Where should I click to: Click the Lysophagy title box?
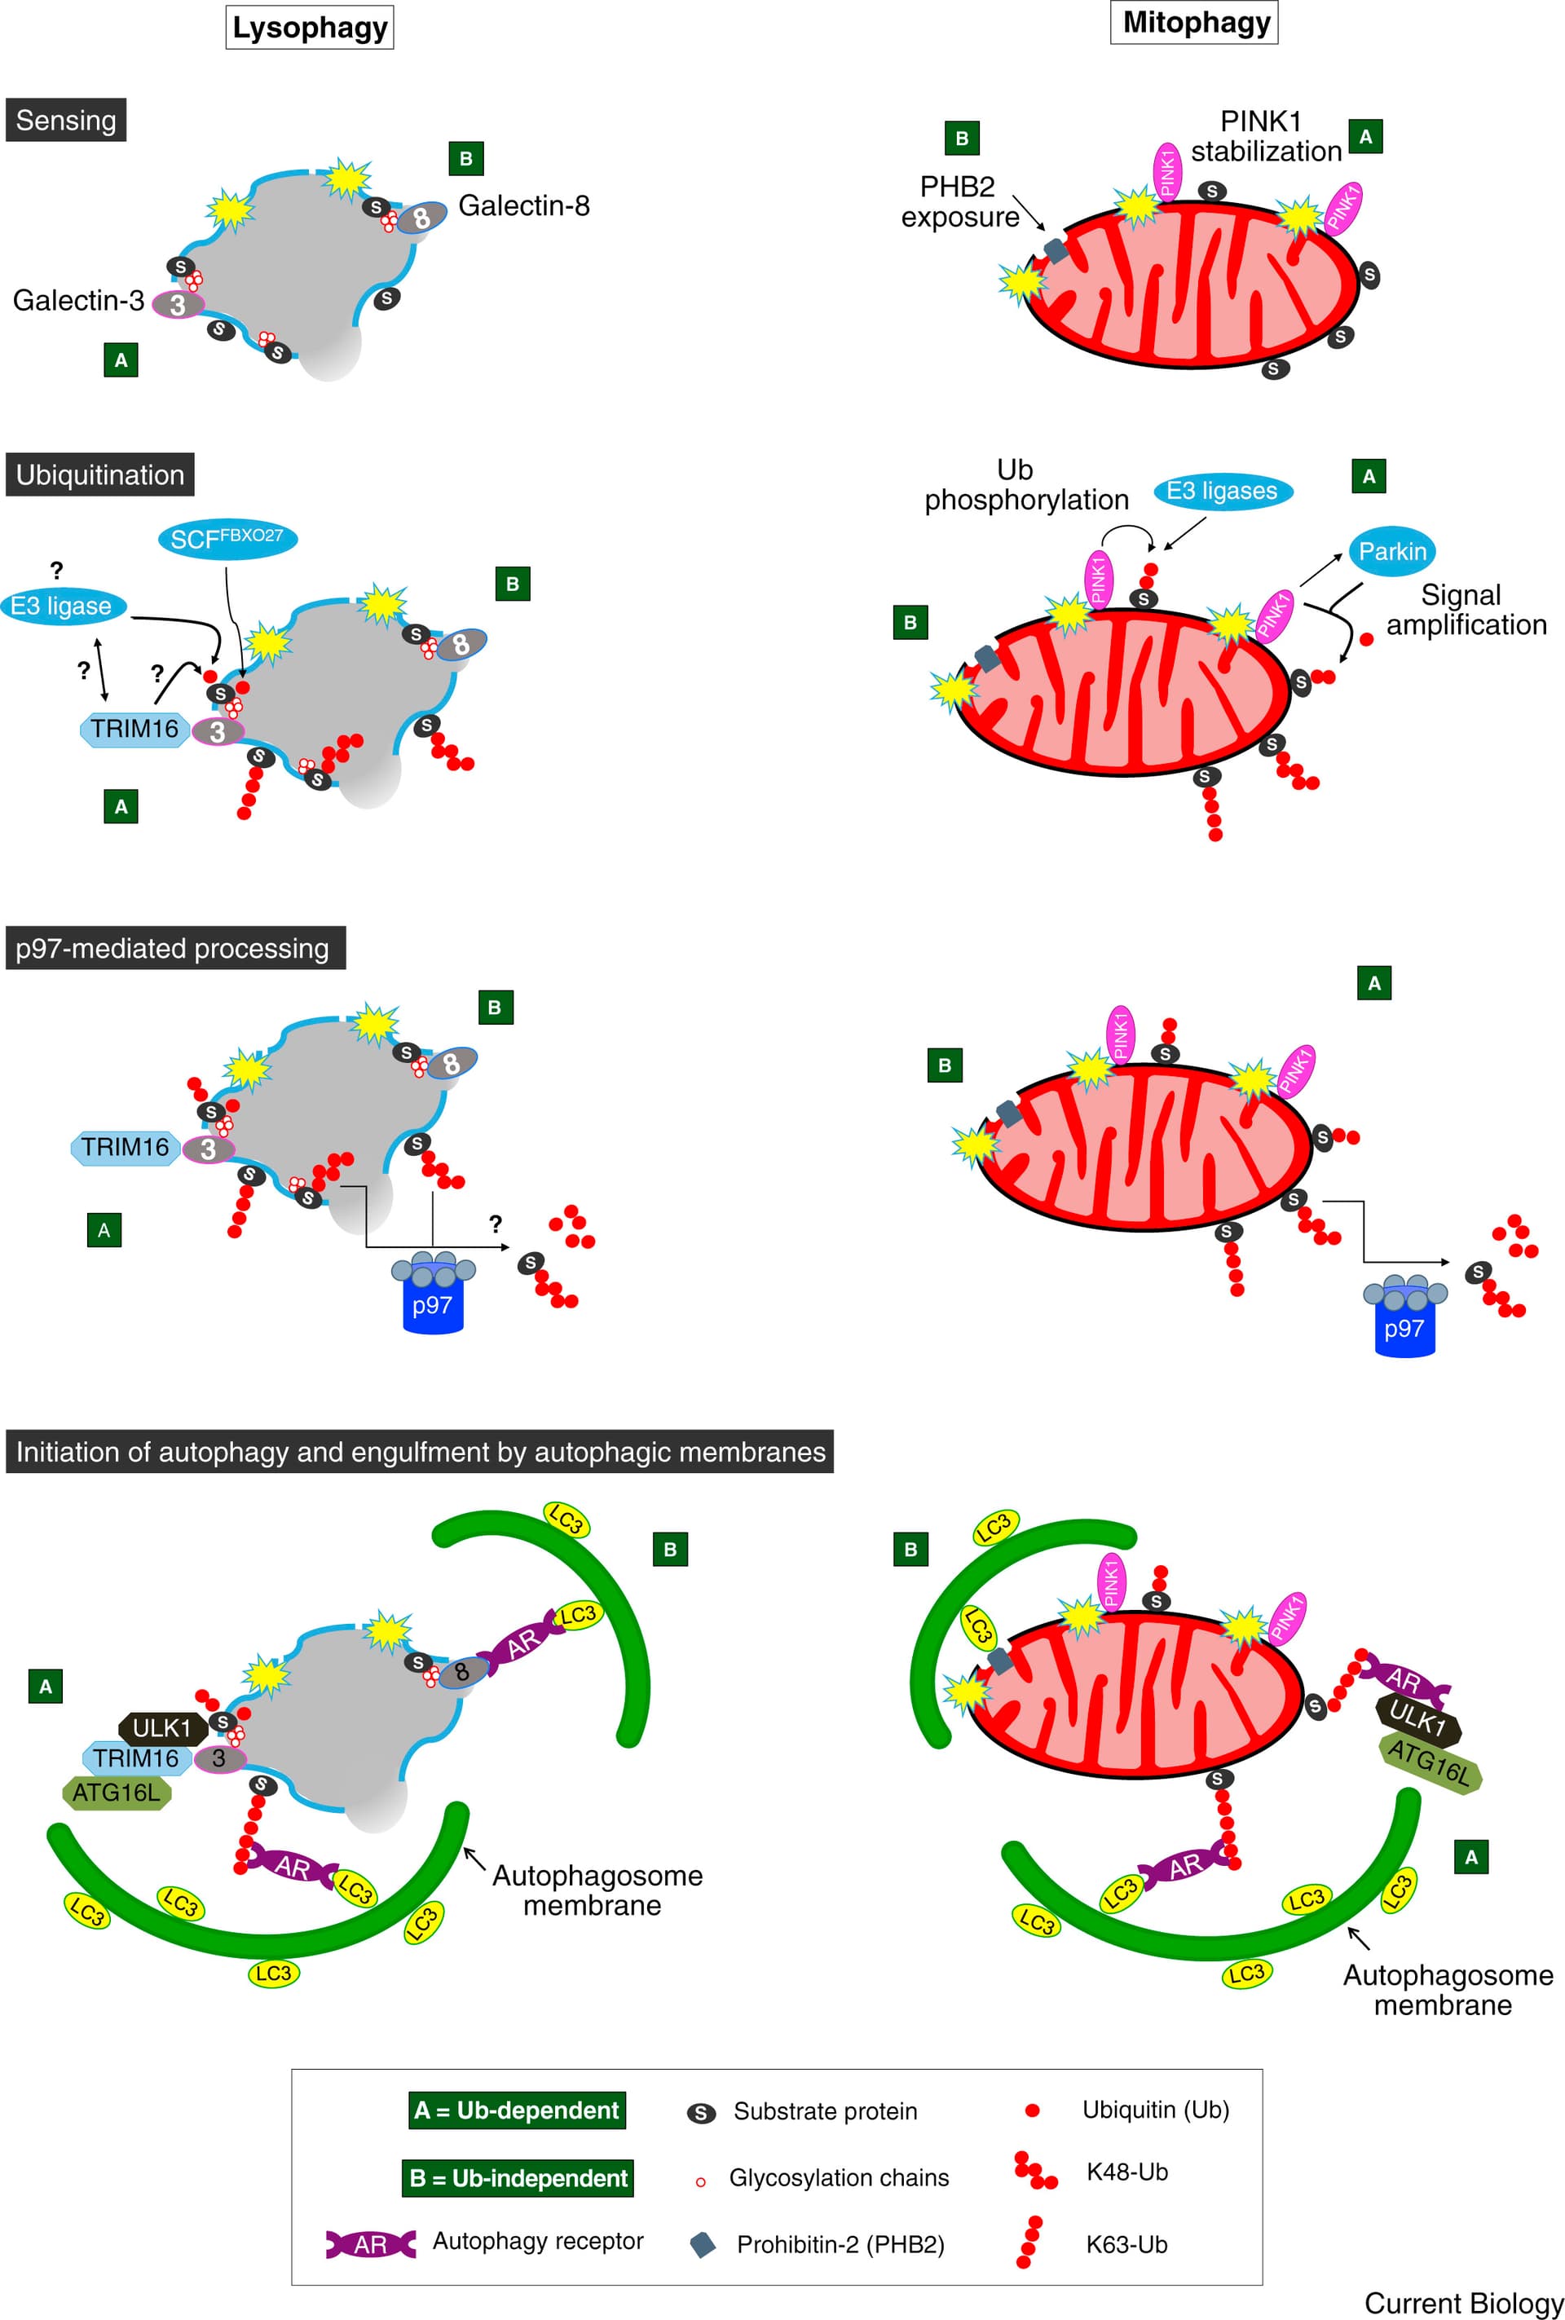coord(310,28)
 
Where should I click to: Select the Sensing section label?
coord(66,120)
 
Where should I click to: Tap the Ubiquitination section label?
coord(99,474)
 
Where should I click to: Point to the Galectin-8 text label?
coord(523,205)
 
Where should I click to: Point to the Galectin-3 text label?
coord(78,299)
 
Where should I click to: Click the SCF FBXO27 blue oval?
coord(227,539)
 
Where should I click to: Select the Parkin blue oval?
coord(1392,551)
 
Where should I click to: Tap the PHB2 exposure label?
coord(959,201)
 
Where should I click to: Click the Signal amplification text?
coord(1466,610)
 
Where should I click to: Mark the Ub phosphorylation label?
coord(1025,485)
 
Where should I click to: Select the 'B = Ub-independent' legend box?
coord(519,2178)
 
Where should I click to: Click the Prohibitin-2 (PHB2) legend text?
coord(840,2245)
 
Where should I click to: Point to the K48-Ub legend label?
coord(1126,2172)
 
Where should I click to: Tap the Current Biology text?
coord(1463,2303)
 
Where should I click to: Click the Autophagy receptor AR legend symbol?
coord(370,2245)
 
